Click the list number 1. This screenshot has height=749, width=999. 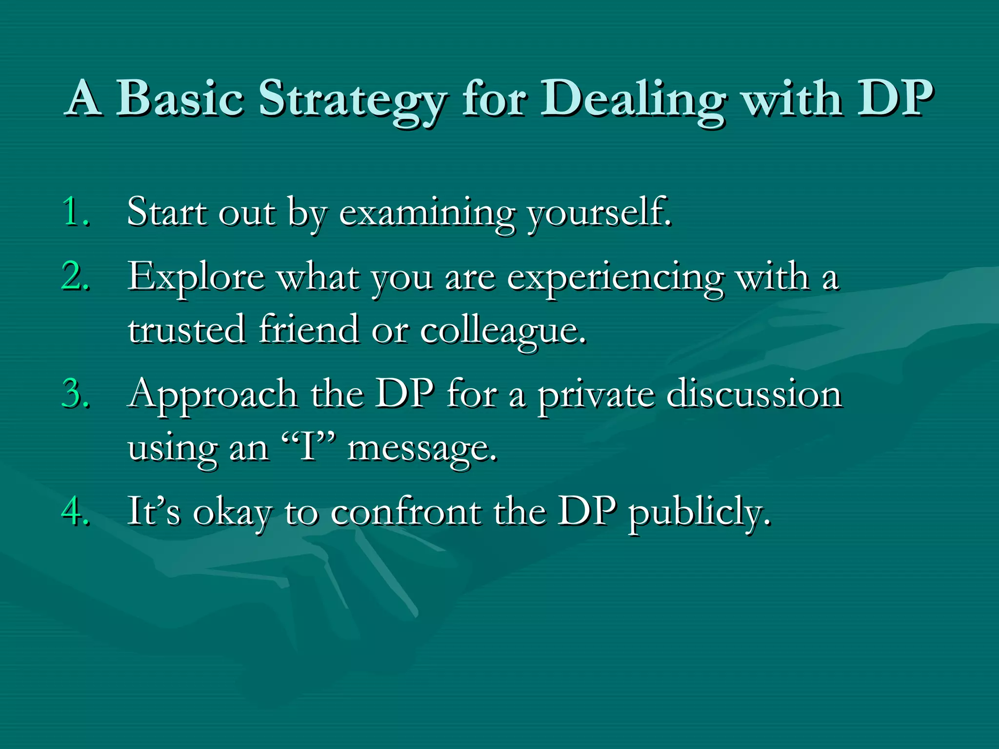[76, 212]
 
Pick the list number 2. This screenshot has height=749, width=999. [76, 276]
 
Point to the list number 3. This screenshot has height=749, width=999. [76, 394]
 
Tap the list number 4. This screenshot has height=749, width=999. [76, 512]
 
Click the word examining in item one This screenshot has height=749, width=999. [427, 213]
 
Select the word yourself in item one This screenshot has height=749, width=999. [599, 213]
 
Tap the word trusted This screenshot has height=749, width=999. [186, 330]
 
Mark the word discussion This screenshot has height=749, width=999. [754, 394]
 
